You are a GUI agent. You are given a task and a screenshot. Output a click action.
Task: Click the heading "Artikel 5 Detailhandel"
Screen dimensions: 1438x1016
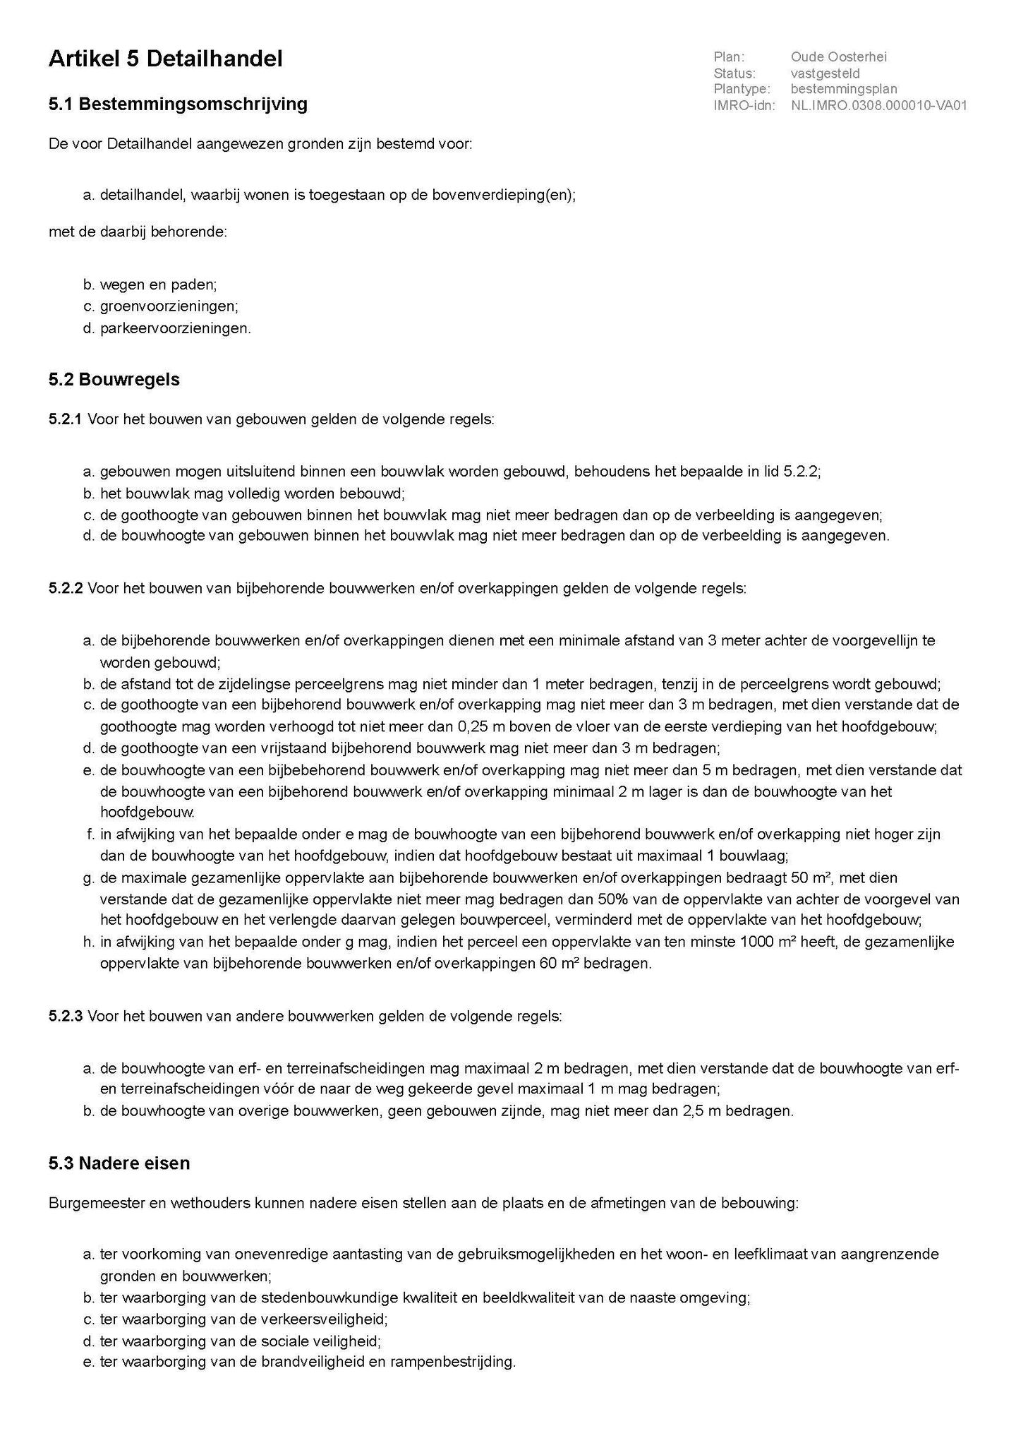coord(165,59)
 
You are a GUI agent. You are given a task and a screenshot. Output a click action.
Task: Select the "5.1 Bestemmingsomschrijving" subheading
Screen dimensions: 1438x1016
coord(178,104)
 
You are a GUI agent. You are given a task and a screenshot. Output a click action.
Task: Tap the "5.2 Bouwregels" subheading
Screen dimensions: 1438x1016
coord(114,380)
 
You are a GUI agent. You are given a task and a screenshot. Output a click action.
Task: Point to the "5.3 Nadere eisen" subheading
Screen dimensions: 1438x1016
coord(119,1163)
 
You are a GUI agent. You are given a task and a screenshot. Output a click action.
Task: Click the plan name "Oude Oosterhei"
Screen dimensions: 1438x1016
coord(839,57)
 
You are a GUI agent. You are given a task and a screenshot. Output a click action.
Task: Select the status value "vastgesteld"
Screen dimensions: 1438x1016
coord(825,73)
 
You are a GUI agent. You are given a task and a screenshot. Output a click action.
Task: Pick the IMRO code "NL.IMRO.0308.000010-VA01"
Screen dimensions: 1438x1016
coord(878,106)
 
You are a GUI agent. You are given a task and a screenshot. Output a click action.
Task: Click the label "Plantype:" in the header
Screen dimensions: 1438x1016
coord(742,90)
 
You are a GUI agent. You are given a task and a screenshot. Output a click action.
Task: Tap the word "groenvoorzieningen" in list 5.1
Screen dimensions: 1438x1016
coord(168,306)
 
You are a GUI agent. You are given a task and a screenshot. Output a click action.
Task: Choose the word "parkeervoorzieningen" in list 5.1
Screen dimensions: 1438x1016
coord(174,328)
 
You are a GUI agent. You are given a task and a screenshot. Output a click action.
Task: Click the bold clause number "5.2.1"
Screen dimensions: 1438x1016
coord(65,420)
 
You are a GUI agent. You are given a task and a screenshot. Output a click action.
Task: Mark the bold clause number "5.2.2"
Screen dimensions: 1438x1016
coord(65,588)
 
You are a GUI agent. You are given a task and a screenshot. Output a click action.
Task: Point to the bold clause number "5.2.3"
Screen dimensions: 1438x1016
coord(65,1017)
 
